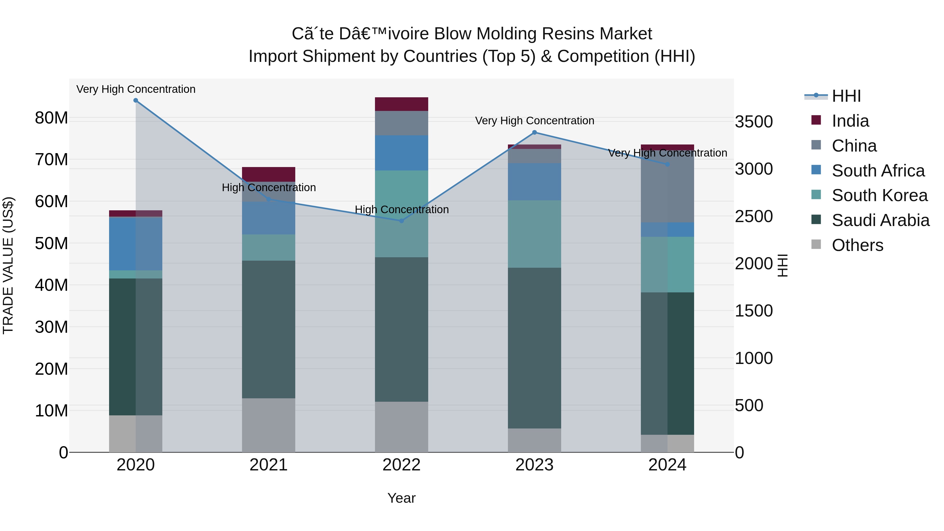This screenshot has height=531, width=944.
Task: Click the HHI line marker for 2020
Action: [136, 100]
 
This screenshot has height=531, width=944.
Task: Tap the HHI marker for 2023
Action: [534, 132]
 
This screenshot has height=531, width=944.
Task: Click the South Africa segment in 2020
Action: [136, 244]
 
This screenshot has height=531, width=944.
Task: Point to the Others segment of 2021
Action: [268, 425]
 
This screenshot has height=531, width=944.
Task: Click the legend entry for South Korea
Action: [879, 195]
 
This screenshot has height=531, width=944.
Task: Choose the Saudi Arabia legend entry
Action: [880, 220]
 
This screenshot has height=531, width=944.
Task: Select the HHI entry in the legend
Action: [846, 96]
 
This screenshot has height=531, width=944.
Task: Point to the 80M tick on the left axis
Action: [51, 118]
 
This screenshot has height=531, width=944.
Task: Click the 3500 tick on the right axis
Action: [754, 122]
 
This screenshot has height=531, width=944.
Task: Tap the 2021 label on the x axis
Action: [268, 465]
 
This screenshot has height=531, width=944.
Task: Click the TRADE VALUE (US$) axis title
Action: [8, 265]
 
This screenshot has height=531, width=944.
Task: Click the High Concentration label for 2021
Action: [269, 188]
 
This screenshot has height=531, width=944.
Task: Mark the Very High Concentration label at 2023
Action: [534, 121]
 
